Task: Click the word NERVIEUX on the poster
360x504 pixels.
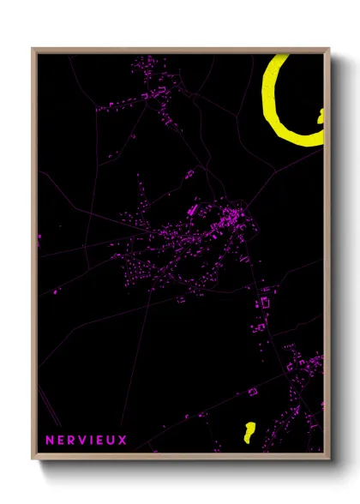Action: pos(86,440)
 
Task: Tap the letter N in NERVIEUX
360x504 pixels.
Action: pos(49,440)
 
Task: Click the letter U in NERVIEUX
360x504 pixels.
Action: pos(111,440)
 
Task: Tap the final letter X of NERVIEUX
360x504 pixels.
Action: pos(123,440)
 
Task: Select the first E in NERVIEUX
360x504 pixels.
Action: pos(61,440)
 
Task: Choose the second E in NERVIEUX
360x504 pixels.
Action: pos(101,440)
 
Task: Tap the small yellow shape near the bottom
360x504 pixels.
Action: pos(249,430)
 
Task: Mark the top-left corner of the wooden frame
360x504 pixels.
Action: pos(33,49)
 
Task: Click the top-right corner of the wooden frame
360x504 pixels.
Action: pos(328,49)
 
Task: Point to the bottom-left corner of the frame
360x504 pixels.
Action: pos(33,456)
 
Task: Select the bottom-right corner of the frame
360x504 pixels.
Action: pos(328,456)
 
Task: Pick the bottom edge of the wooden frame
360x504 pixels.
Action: pos(180,454)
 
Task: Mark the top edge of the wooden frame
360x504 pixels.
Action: pos(180,50)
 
